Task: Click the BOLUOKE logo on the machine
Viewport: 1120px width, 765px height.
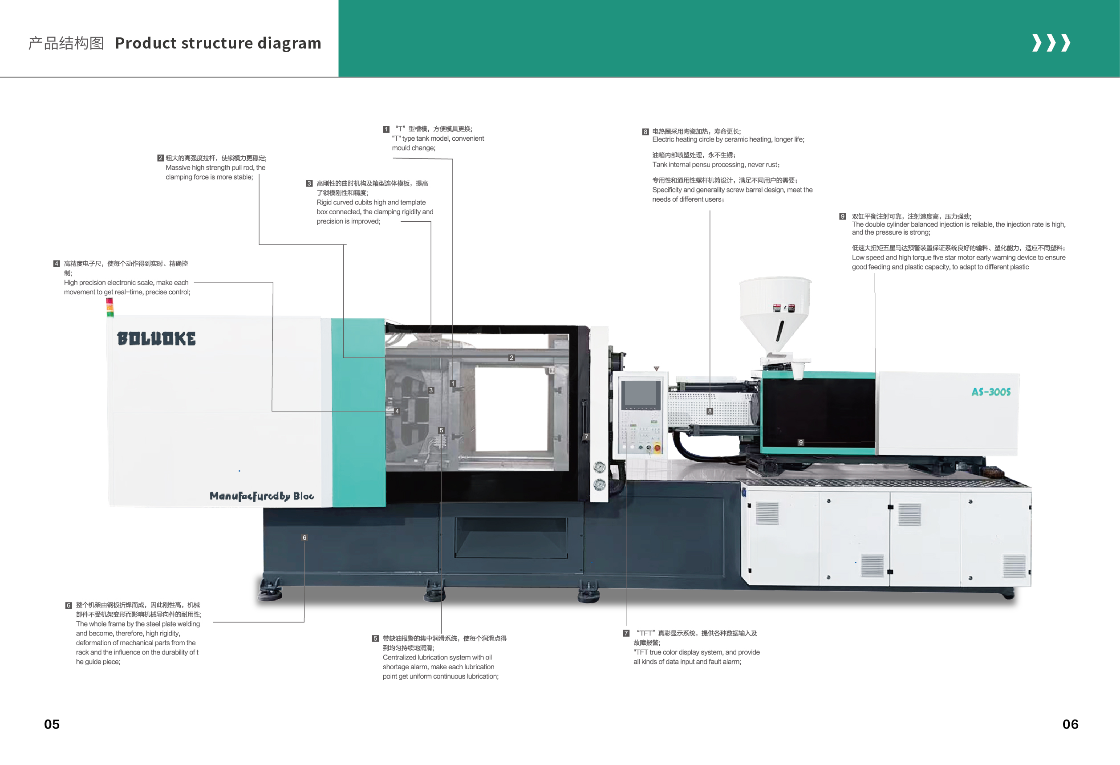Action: [156, 338]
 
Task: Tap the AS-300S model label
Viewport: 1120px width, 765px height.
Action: [991, 392]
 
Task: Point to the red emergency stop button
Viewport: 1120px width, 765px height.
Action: [657, 448]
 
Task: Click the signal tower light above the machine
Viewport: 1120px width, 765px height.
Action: [110, 308]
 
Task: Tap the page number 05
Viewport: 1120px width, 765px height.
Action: [52, 724]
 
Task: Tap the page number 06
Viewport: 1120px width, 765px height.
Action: [1070, 724]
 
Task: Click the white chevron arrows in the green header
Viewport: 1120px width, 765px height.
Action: [1051, 43]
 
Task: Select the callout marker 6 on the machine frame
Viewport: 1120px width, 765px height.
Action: [304, 537]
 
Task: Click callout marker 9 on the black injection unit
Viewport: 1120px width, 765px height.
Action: [800, 442]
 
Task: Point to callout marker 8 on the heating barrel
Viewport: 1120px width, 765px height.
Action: [710, 411]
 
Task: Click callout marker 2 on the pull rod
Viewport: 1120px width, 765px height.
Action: [511, 358]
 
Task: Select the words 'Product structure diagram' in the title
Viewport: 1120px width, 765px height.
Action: [218, 43]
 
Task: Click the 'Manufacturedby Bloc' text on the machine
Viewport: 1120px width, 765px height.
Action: [262, 496]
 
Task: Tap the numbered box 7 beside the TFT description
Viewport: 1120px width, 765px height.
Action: [625, 633]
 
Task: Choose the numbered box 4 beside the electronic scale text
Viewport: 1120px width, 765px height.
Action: [57, 264]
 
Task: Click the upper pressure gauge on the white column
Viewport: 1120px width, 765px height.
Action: [600, 467]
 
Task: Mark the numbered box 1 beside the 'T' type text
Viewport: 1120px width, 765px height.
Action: [386, 129]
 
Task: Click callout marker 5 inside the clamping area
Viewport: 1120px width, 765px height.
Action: [441, 430]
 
